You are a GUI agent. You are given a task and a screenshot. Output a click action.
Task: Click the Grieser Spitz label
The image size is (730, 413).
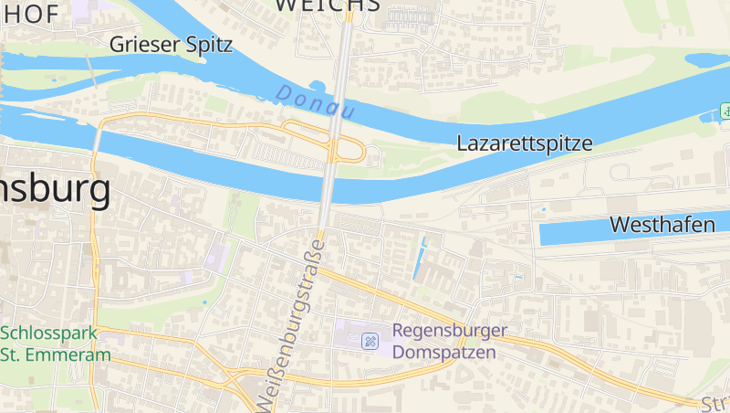(x=171, y=44)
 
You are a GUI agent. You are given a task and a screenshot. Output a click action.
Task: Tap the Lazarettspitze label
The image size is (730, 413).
(x=525, y=143)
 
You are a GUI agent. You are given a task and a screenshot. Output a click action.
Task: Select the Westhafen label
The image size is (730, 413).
(x=662, y=225)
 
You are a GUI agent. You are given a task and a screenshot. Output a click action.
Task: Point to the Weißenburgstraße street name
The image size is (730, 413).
(x=291, y=324)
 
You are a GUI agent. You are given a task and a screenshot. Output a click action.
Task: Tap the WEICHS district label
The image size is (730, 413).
(x=327, y=5)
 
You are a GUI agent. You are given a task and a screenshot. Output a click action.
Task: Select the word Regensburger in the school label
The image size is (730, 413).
(x=450, y=331)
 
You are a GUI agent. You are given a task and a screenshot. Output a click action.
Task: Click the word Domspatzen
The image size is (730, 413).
(x=444, y=352)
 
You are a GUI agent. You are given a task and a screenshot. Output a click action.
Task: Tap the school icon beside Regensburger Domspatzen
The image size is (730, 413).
(x=370, y=341)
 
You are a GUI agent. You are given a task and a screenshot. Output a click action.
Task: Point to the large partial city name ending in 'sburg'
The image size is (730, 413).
(x=56, y=191)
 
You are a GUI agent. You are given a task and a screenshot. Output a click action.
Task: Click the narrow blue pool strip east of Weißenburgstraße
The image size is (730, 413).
(x=420, y=259)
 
